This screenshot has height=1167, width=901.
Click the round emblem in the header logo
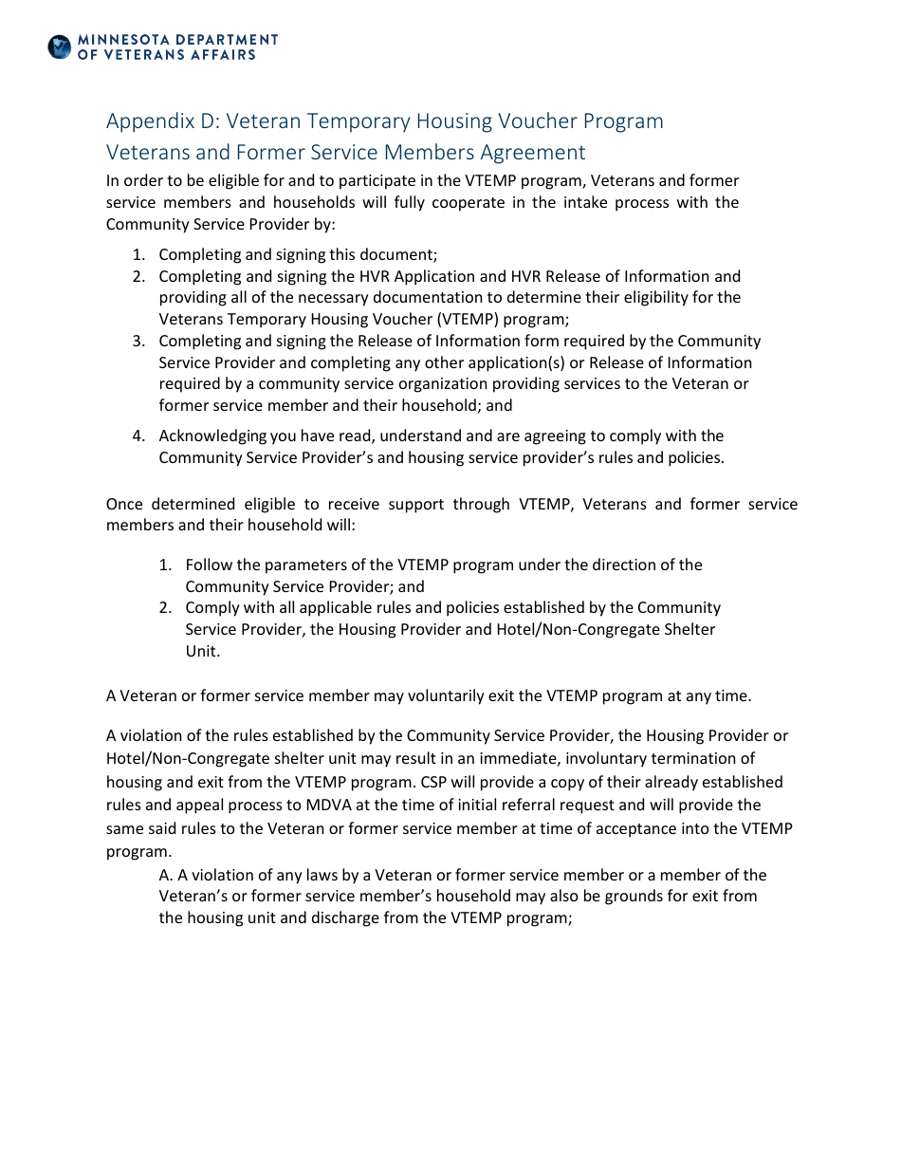[x=60, y=46]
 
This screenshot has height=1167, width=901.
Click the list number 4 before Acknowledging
[x=138, y=435]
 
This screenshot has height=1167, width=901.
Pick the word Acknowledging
[x=212, y=435]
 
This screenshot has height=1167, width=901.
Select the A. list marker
[x=165, y=875]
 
